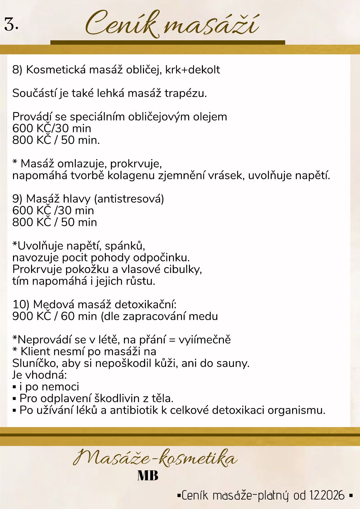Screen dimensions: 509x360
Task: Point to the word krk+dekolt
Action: (x=193, y=70)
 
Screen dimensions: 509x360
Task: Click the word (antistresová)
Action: (x=129, y=199)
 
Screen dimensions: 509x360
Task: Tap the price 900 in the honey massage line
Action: (x=23, y=316)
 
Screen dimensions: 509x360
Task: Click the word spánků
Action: (x=125, y=246)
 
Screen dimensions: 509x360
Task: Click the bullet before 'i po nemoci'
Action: (x=15, y=387)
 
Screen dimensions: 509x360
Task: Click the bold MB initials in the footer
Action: (x=148, y=476)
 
